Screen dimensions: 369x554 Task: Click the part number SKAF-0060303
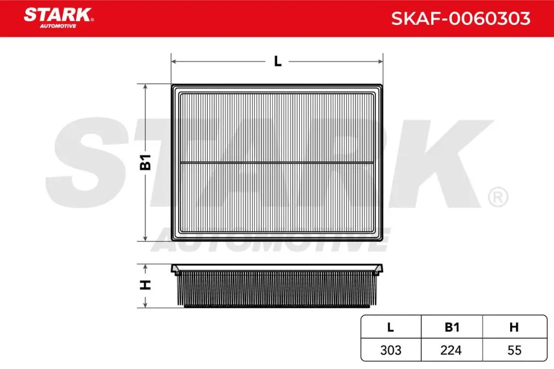pos(460,19)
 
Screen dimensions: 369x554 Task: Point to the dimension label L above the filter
pos(278,62)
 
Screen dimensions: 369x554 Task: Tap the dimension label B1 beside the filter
pos(146,162)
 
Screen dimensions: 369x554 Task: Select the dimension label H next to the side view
pos(145,285)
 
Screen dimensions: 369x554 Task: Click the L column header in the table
pos(390,327)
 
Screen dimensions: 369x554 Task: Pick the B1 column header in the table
pos(452,327)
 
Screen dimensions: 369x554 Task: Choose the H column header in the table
pos(514,327)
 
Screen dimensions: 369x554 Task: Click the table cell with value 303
pos(390,350)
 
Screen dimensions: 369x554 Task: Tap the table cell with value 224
pos(452,350)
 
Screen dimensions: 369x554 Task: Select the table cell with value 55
pos(514,350)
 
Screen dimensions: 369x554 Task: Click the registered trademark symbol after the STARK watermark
pos(497,197)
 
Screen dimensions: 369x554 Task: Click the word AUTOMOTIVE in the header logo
pos(60,26)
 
